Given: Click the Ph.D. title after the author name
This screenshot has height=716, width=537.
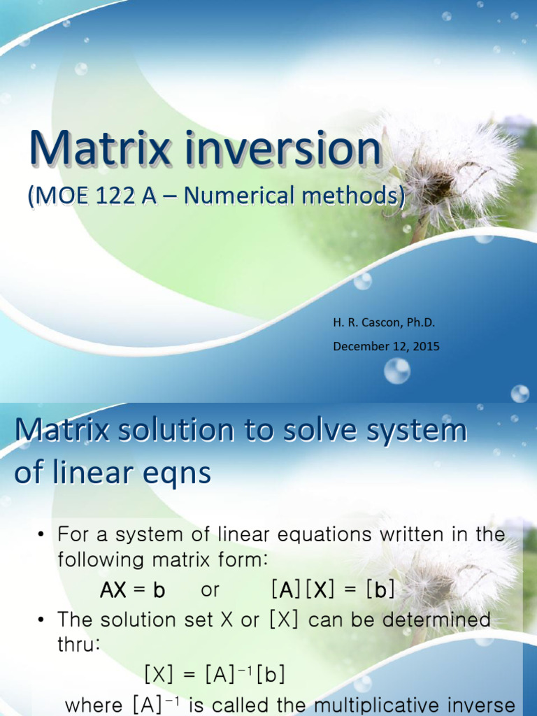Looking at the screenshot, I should [x=421, y=323].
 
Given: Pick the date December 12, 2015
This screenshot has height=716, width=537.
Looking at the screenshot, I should [x=386, y=346].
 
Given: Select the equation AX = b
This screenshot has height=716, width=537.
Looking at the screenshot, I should [x=132, y=590].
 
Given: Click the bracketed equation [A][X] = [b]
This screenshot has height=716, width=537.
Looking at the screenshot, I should [x=332, y=590].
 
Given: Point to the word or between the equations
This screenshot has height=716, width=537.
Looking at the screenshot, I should [x=210, y=590].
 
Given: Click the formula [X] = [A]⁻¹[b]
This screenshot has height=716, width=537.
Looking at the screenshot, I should [x=214, y=675].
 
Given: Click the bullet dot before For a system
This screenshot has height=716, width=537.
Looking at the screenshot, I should [x=41, y=536].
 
